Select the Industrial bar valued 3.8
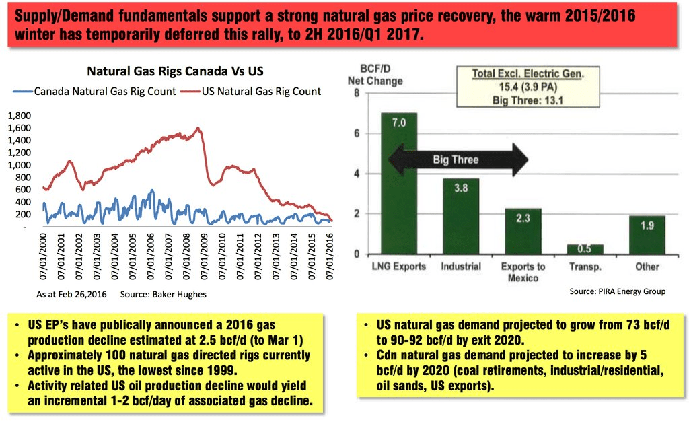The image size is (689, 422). pos(460,215)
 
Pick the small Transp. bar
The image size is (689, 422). pos(585,249)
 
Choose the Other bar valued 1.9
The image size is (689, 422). pos(647,235)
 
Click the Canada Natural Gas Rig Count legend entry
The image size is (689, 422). pos(95,91)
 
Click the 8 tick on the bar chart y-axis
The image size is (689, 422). pos(357,93)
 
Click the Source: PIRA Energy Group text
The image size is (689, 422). pos(617,291)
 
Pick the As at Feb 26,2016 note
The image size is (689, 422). pos(70,295)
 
